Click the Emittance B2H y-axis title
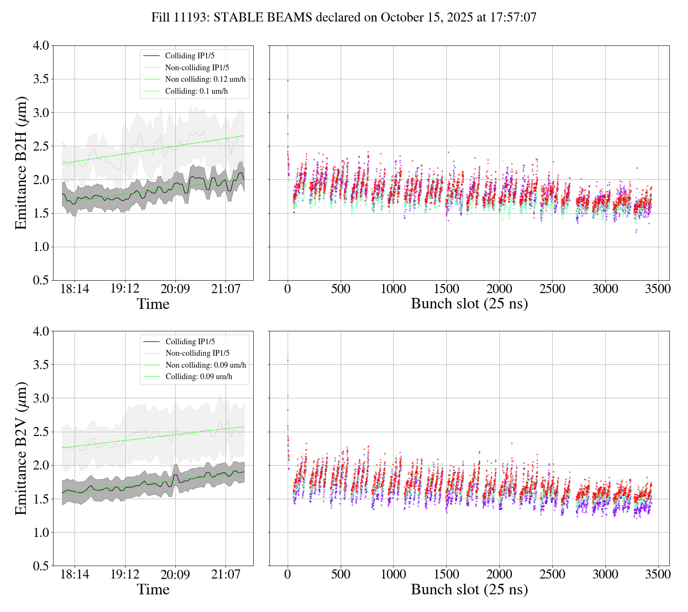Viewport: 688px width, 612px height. click(x=21, y=163)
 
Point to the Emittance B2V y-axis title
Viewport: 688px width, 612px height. click(x=21, y=448)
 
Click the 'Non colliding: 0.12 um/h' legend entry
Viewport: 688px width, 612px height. click(x=205, y=79)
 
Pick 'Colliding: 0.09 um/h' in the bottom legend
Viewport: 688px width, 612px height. click(x=199, y=377)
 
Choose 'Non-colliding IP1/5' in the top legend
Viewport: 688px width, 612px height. click(x=200, y=67)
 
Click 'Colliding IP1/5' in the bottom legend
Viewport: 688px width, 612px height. click(x=190, y=341)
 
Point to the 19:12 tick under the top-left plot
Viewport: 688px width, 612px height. click(x=125, y=289)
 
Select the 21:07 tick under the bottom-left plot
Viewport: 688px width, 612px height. click(x=226, y=574)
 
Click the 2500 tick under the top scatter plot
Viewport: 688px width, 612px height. click(x=552, y=289)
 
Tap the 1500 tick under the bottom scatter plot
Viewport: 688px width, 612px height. click(x=446, y=574)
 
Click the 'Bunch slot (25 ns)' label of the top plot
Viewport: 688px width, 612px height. click(x=469, y=304)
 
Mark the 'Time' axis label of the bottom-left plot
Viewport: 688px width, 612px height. click(x=153, y=590)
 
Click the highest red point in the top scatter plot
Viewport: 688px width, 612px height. click(x=288, y=80)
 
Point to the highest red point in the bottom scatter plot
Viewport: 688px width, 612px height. click(x=288, y=360)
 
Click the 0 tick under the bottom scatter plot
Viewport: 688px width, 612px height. click(x=288, y=574)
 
